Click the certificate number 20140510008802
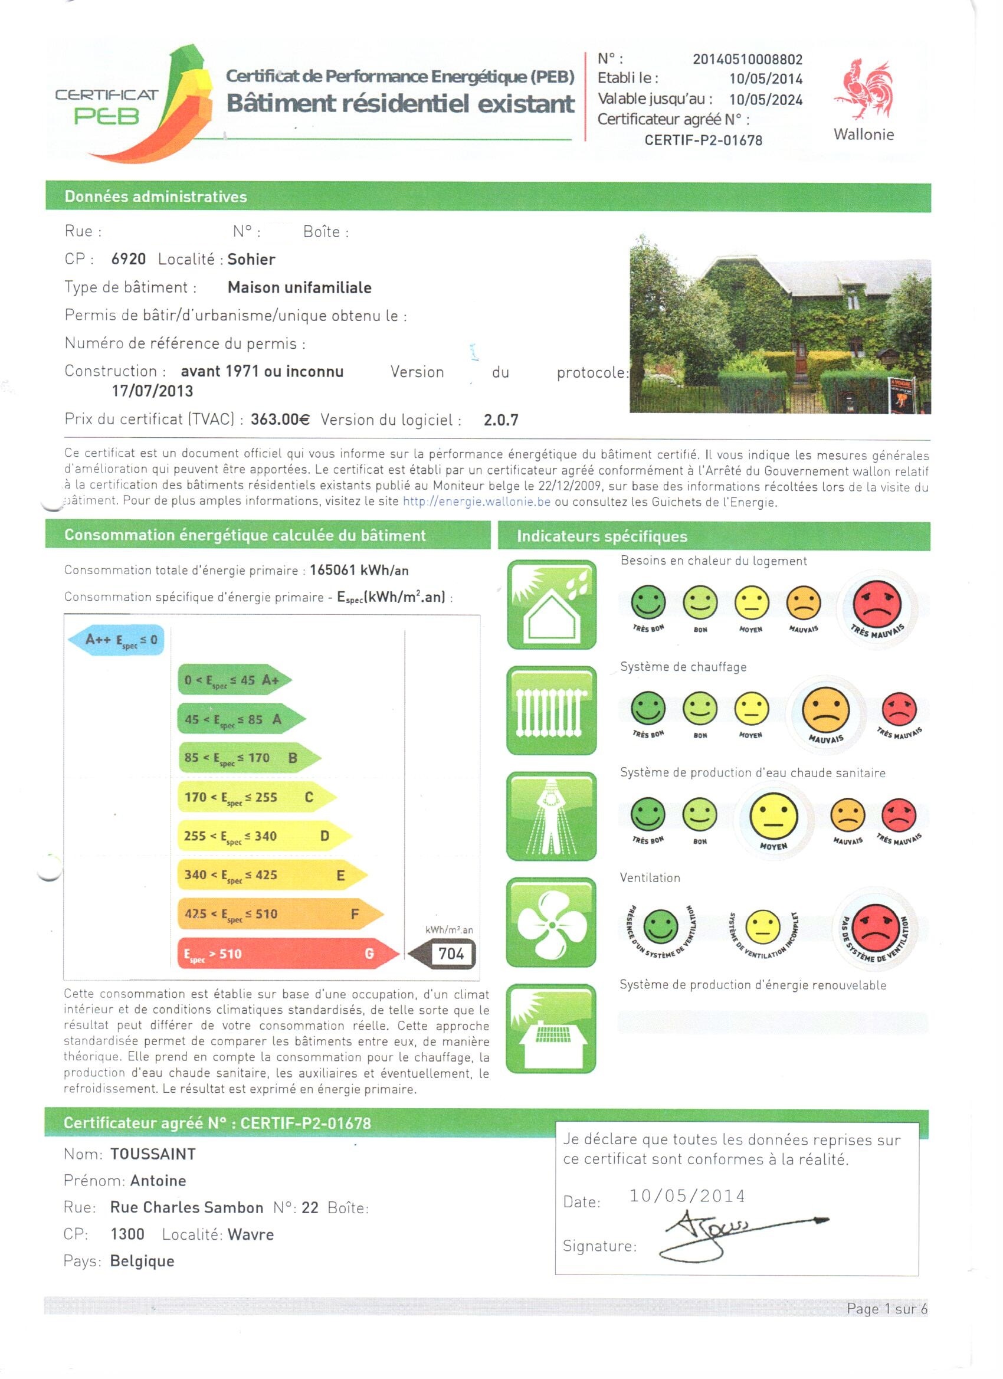(x=747, y=60)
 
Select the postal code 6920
(x=128, y=259)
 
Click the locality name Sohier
(x=251, y=260)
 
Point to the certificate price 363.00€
(x=280, y=420)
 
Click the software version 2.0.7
(x=501, y=420)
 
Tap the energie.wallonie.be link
(x=477, y=502)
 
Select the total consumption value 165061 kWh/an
(x=359, y=571)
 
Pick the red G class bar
(x=286, y=954)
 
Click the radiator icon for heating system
(x=551, y=711)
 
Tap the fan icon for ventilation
(x=551, y=922)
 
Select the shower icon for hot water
(x=551, y=817)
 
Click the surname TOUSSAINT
(x=153, y=1154)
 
